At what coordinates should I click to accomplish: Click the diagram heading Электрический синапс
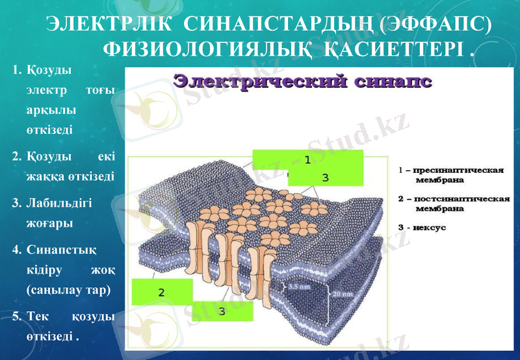click(303, 83)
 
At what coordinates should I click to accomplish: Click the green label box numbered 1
click(307, 159)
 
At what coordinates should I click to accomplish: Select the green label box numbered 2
click(162, 292)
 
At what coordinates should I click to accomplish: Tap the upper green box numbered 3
click(325, 176)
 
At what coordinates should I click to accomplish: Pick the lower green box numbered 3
click(222, 311)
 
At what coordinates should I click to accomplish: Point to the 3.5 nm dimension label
click(300, 285)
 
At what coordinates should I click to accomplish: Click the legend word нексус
click(432, 228)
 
